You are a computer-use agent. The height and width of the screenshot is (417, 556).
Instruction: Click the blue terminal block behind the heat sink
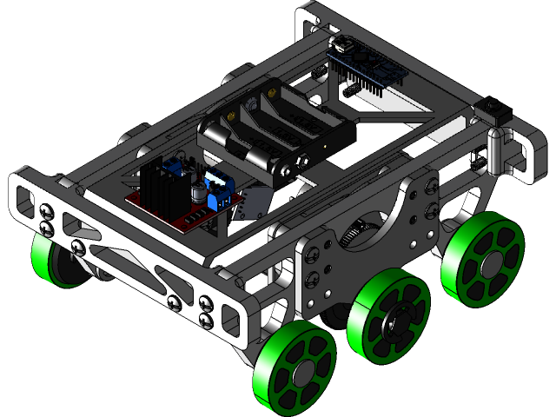pyautogui.click(x=178, y=163)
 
